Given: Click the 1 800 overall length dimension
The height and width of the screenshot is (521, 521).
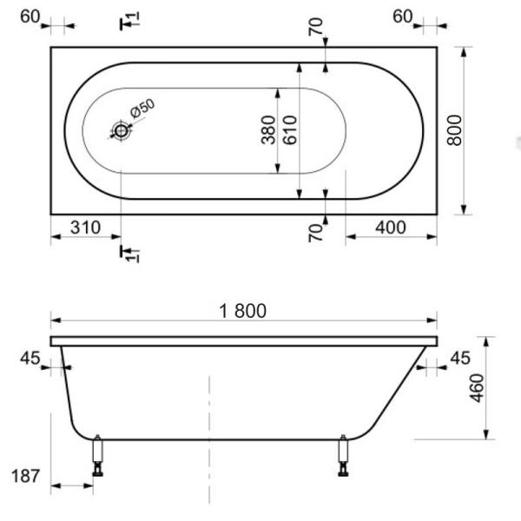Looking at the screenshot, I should click(x=242, y=310).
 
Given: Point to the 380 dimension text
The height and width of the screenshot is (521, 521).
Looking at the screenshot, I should click(x=268, y=130).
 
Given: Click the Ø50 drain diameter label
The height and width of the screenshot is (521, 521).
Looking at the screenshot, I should click(x=142, y=110).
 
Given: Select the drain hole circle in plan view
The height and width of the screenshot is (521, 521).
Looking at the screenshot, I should click(x=120, y=131).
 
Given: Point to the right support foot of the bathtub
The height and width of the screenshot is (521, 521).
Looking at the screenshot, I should click(x=344, y=455).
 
